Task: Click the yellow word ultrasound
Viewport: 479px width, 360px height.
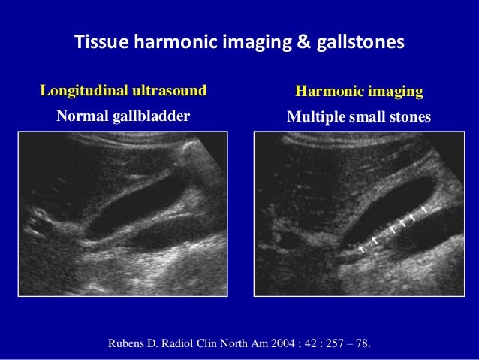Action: click(169, 92)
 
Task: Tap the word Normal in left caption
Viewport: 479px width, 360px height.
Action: click(81, 117)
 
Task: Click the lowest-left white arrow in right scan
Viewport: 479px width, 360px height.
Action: click(361, 247)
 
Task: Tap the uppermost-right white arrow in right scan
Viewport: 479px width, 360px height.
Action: click(425, 208)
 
